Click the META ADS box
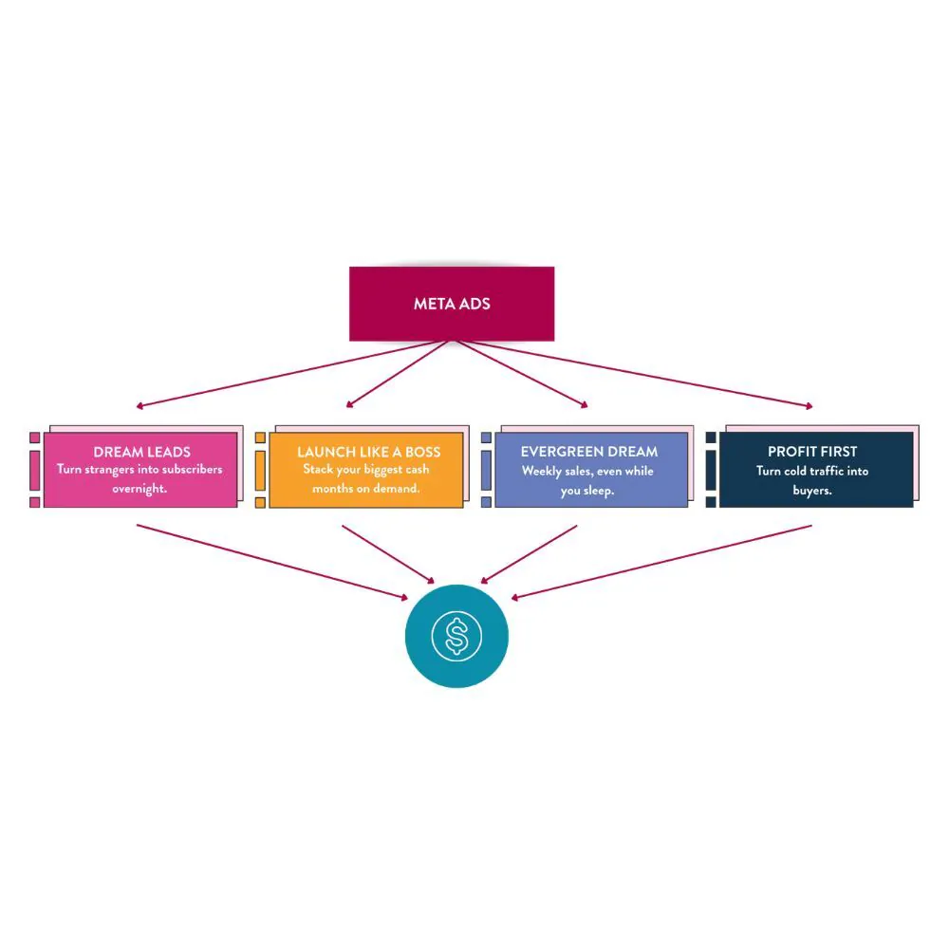(452, 304)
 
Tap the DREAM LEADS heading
(141, 452)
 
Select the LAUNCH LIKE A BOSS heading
(368, 452)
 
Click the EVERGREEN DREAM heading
(589, 452)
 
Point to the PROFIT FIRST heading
(812, 452)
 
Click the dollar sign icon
(456, 636)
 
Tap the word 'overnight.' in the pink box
(140, 489)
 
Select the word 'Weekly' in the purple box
(541, 471)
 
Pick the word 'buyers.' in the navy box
(812, 491)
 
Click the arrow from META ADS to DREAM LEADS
(293, 373)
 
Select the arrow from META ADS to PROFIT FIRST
(633, 373)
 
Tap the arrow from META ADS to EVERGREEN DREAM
(520, 374)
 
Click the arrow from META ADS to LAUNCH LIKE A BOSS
(398, 374)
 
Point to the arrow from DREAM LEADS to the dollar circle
(272, 562)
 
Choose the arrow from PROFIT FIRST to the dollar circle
(661, 562)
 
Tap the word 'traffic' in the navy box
(825, 471)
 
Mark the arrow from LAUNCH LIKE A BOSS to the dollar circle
(388, 554)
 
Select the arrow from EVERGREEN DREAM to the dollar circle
(529, 554)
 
